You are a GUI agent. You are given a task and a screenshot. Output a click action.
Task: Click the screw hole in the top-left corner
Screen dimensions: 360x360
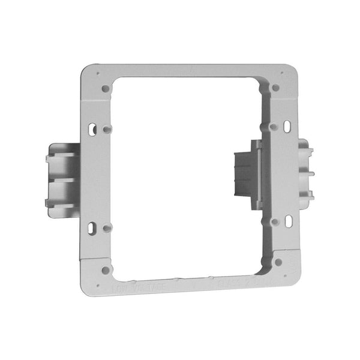click(x=105, y=88)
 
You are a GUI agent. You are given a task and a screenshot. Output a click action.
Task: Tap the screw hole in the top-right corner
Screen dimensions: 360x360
click(x=275, y=88)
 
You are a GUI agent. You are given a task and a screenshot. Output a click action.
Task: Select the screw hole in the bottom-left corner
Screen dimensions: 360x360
click(x=106, y=270)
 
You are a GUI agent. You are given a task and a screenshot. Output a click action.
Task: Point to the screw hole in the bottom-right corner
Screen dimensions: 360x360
click(x=278, y=262)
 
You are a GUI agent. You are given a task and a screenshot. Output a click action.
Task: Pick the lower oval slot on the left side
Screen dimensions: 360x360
click(x=92, y=229)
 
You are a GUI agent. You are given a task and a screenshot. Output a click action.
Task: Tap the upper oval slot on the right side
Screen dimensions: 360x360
click(x=287, y=127)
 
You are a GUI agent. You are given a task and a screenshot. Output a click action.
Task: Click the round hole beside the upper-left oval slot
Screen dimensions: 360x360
click(x=106, y=128)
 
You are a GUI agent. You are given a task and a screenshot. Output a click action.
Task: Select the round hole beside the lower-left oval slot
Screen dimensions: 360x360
click(x=106, y=229)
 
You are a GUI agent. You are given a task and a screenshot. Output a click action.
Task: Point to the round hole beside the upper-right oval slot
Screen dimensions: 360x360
click(x=273, y=127)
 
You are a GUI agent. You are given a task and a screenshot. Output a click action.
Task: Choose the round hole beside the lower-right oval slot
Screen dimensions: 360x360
click(x=275, y=221)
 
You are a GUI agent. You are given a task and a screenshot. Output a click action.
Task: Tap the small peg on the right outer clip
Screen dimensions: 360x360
click(x=312, y=173)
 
